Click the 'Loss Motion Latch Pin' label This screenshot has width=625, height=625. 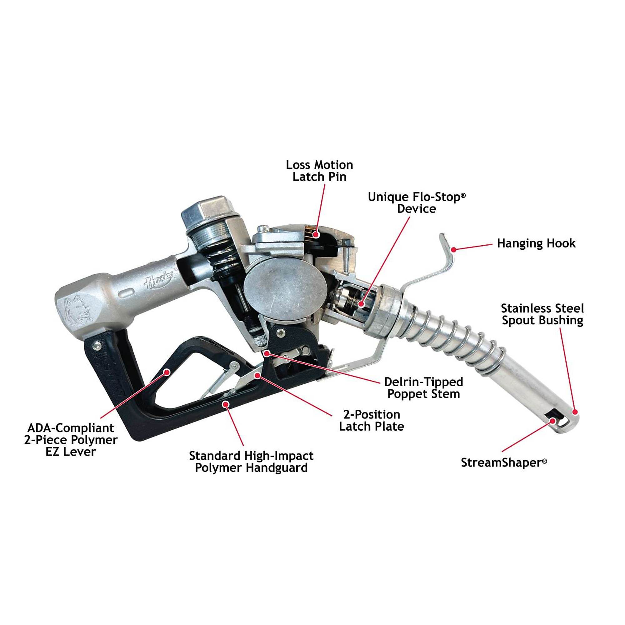click(x=319, y=171)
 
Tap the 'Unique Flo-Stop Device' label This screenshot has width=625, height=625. click(x=417, y=203)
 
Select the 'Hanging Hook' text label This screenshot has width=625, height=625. click(x=536, y=243)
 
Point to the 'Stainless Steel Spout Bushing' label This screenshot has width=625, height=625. click(x=542, y=314)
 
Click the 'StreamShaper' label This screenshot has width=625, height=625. click(x=504, y=462)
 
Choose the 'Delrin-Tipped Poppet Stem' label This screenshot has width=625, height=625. click(x=423, y=388)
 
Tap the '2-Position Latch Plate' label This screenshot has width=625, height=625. click(x=371, y=421)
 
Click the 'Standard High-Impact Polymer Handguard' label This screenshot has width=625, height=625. click(x=251, y=462)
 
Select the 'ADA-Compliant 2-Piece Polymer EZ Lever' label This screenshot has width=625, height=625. click(x=71, y=440)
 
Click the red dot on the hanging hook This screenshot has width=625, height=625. click(x=454, y=249)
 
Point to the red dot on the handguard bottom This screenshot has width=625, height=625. click(x=227, y=403)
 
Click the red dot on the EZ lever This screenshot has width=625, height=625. click(x=167, y=372)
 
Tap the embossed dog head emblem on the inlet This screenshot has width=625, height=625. click(x=77, y=309)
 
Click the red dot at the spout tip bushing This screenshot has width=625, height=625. click(x=575, y=412)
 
